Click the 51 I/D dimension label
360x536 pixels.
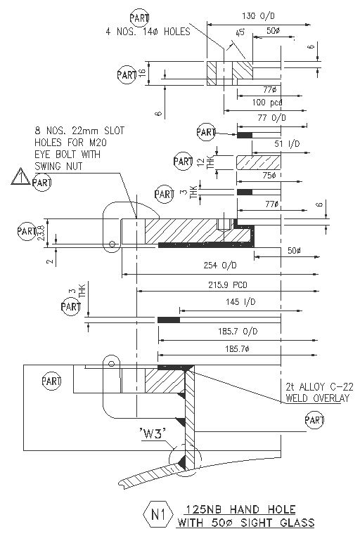pos(268,144)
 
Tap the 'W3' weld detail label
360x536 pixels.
pos(152,434)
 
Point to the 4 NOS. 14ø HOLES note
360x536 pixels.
pos(148,32)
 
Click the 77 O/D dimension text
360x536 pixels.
pos(266,118)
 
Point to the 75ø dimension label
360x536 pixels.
pos(269,176)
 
